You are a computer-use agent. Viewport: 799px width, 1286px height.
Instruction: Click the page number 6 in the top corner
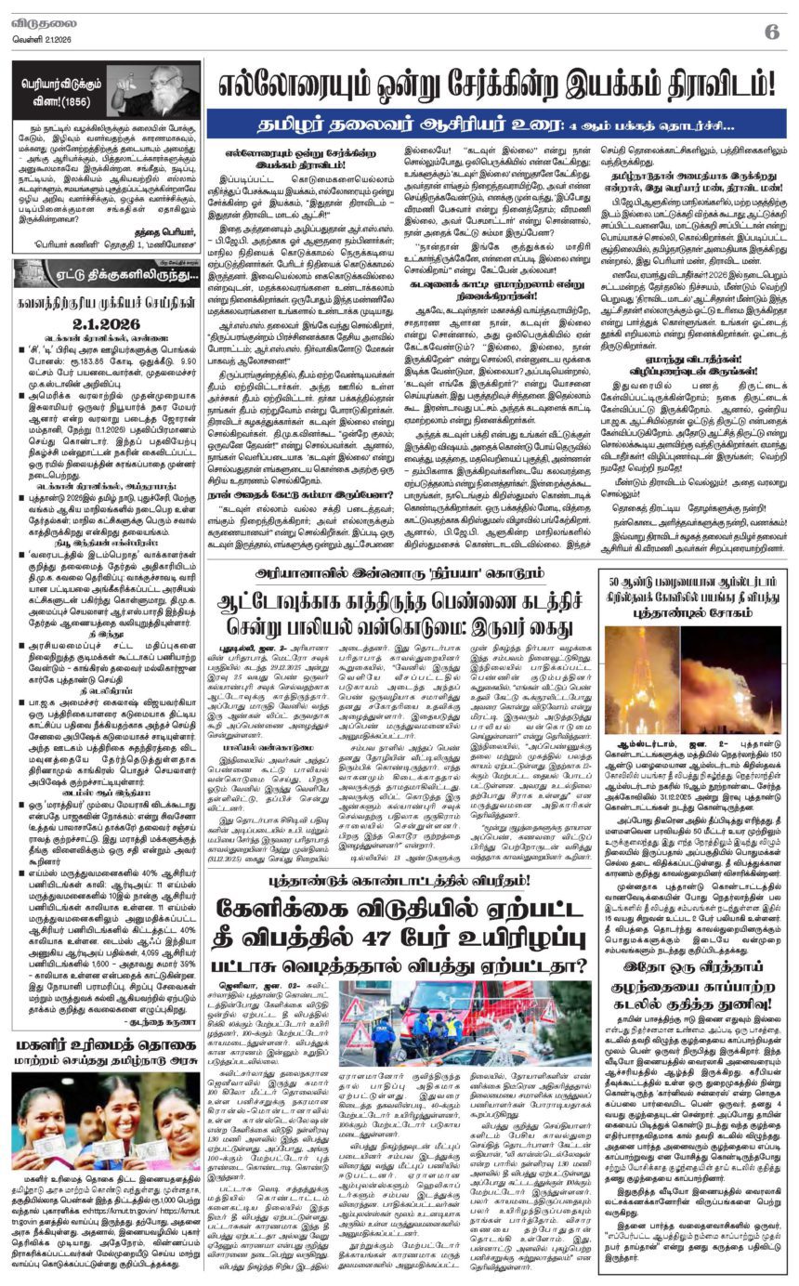(772, 31)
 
